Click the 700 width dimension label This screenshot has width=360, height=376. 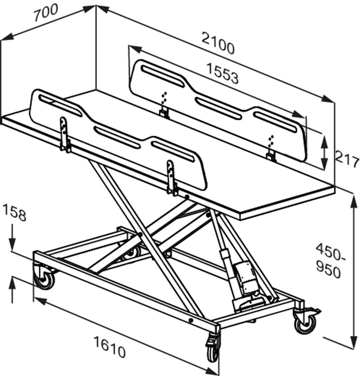coord(45,12)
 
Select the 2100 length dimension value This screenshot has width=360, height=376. coord(218,44)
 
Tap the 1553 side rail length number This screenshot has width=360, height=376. coord(222,73)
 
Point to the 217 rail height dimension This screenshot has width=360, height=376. coord(347,159)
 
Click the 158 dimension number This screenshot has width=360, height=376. coord(14,212)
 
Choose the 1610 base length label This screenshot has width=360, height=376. coord(109,347)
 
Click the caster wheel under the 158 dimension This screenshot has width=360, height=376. coord(44,278)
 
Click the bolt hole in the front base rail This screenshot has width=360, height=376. coord(191,320)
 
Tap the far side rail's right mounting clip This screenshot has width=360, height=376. coord(271,156)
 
